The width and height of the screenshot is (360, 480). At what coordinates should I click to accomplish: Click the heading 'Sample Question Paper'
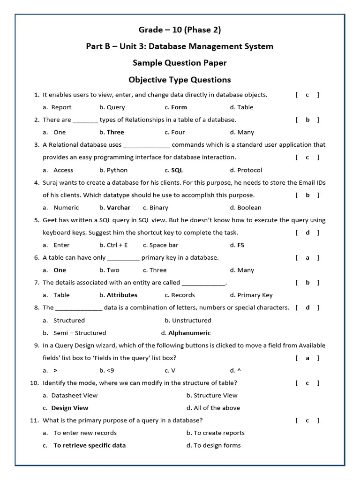click(180, 63)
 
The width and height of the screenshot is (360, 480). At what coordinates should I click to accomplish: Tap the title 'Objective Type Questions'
click(180, 80)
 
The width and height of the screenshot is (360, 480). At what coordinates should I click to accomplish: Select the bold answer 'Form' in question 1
click(179, 107)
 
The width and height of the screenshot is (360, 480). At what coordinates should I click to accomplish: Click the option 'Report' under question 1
click(61, 107)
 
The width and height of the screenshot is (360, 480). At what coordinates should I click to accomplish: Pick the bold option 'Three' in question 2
click(115, 132)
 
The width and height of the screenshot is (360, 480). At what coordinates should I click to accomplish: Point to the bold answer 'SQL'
click(177, 170)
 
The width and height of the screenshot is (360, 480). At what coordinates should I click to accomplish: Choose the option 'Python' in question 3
click(117, 170)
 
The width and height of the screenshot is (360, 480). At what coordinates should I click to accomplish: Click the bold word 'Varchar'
click(119, 208)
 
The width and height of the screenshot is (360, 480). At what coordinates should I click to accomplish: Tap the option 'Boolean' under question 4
click(249, 208)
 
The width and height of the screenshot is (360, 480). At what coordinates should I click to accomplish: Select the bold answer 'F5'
click(241, 245)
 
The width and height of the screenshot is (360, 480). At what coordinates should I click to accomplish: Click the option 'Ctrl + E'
click(117, 245)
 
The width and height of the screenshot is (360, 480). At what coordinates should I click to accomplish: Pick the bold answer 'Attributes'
click(122, 295)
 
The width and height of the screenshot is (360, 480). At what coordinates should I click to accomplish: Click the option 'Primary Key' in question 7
click(255, 295)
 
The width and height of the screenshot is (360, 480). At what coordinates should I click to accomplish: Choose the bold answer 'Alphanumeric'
click(189, 333)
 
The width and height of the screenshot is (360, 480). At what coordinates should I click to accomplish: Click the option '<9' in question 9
click(110, 370)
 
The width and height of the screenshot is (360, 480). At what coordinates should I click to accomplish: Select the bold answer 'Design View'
click(70, 408)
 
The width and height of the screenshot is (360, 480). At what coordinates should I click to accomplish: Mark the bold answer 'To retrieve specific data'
click(90, 446)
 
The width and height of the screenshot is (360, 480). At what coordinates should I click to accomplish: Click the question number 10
click(34, 383)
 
